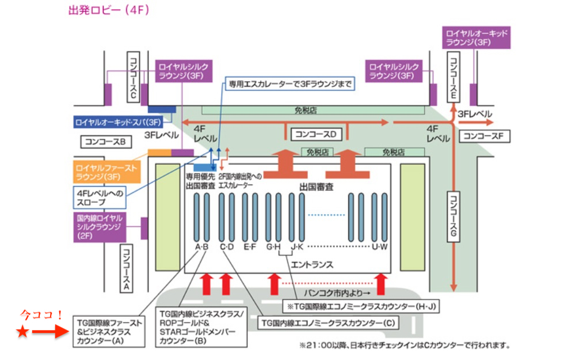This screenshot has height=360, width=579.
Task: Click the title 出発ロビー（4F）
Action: tap(109, 10)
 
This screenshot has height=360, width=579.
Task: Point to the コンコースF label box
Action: tap(483, 137)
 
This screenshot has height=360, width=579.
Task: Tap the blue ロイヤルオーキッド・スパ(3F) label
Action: tap(118, 122)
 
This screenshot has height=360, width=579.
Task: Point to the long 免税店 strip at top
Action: tap(314, 109)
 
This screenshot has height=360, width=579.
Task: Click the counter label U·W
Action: tap(380, 247)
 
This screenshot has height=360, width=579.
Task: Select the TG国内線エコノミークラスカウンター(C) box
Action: tap(328, 323)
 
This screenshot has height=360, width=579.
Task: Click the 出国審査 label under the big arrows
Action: tap(317, 187)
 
